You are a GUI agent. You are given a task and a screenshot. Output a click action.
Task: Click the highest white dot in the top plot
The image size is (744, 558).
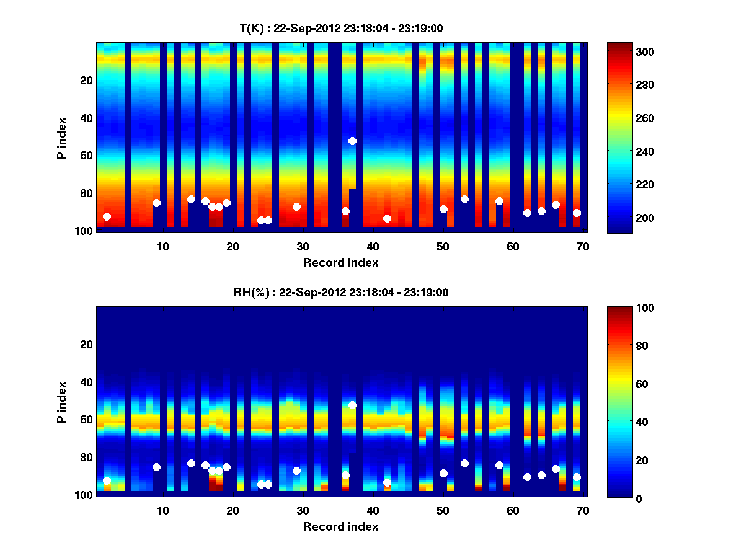click(352, 141)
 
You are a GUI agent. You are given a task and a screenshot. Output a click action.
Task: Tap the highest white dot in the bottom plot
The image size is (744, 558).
click(352, 405)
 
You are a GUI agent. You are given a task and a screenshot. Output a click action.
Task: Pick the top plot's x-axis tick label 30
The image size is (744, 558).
click(303, 246)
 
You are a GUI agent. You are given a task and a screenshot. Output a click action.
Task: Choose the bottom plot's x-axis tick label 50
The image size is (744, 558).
click(443, 510)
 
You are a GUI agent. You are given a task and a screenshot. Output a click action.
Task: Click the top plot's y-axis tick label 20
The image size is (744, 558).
click(86, 79)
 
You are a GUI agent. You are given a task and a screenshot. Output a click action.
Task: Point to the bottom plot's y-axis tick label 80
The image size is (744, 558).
click(86, 457)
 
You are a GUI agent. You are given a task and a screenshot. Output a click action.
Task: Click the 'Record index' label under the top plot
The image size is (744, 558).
click(340, 262)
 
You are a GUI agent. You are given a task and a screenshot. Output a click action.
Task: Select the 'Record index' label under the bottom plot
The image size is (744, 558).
click(340, 526)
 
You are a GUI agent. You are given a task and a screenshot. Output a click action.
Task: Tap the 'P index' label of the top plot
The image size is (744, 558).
click(62, 137)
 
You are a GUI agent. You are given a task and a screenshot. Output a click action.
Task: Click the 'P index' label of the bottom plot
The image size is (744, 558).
click(62, 402)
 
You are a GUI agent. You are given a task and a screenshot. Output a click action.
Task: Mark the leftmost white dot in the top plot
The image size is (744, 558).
click(107, 216)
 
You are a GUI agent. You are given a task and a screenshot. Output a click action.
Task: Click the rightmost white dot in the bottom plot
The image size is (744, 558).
click(577, 477)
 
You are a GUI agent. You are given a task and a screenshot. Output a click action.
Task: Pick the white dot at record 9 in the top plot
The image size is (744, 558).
click(156, 203)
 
